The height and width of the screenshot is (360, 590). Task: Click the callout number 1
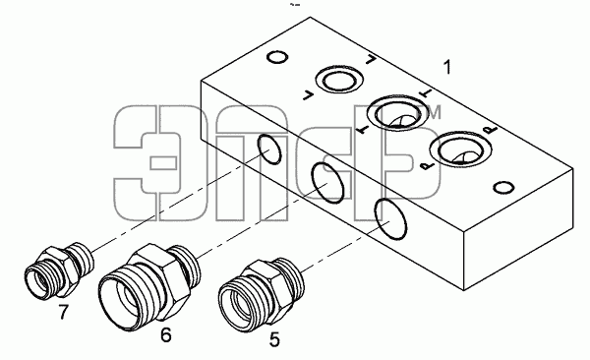(446, 67)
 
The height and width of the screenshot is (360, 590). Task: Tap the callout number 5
(274, 339)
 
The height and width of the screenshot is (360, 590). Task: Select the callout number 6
(166, 334)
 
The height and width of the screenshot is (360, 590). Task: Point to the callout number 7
(64, 312)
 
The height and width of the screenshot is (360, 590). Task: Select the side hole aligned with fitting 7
(269, 150)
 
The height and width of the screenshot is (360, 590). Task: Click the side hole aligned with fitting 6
(328, 183)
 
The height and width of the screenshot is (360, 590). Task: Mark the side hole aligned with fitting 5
(390, 219)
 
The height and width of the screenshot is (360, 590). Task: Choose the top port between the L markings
(339, 81)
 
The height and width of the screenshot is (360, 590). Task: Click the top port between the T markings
(397, 112)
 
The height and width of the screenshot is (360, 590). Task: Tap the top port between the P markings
(460, 150)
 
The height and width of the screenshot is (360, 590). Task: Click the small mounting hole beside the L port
(277, 57)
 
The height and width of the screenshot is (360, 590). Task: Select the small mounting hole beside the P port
(503, 187)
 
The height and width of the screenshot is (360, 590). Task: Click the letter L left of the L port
(309, 95)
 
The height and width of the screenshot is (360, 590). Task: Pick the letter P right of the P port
(491, 130)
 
